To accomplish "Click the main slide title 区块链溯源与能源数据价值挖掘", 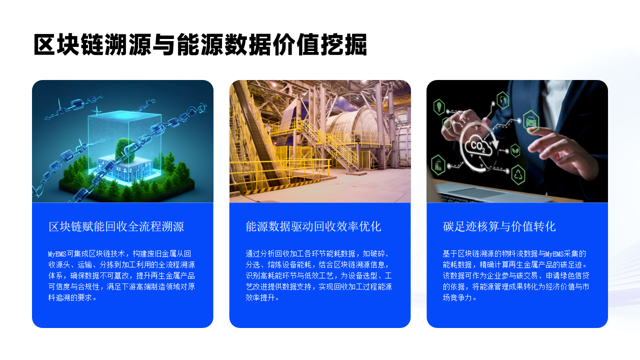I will [199, 45].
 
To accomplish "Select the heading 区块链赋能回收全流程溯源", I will [117, 226].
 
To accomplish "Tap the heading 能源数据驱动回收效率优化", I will [313, 226].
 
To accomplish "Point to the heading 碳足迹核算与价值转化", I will [500, 226].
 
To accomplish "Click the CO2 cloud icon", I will [479, 151].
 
